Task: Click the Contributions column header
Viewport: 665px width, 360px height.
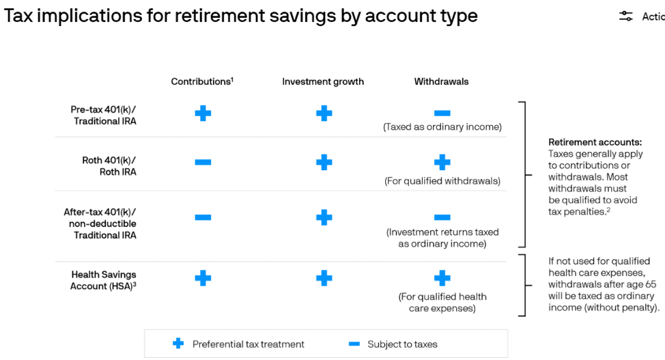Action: (202, 81)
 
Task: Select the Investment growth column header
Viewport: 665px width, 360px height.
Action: (323, 81)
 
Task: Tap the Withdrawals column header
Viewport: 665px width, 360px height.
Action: (441, 81)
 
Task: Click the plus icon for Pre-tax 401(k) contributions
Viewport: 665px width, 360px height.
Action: (203, 113)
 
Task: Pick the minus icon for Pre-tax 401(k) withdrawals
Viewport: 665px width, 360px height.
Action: (442, 113)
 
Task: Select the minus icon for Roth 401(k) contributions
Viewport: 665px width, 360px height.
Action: (203, 162)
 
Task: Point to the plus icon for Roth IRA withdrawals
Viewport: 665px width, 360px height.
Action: (442, 162)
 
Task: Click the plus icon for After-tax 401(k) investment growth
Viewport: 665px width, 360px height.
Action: (324, 217)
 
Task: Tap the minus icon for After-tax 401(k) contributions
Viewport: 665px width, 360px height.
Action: (203, 217)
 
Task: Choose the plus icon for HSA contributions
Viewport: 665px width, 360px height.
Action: (203, 279)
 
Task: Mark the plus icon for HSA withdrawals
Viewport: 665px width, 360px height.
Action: (442, 279)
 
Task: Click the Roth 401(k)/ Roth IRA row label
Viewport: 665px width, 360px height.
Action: (109, 166)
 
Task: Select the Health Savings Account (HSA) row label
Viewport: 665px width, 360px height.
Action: (103, 280)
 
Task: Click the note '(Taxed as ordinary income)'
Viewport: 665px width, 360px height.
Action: (442, 127)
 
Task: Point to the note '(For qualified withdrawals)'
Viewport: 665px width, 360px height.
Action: (442, 181)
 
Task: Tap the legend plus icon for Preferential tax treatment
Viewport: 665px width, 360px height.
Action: (178, 344)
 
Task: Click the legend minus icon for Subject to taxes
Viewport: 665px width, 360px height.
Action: (354, 344)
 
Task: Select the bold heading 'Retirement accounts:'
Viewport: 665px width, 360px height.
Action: (595, 142)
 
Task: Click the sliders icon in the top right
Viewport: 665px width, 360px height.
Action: (625, 16)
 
